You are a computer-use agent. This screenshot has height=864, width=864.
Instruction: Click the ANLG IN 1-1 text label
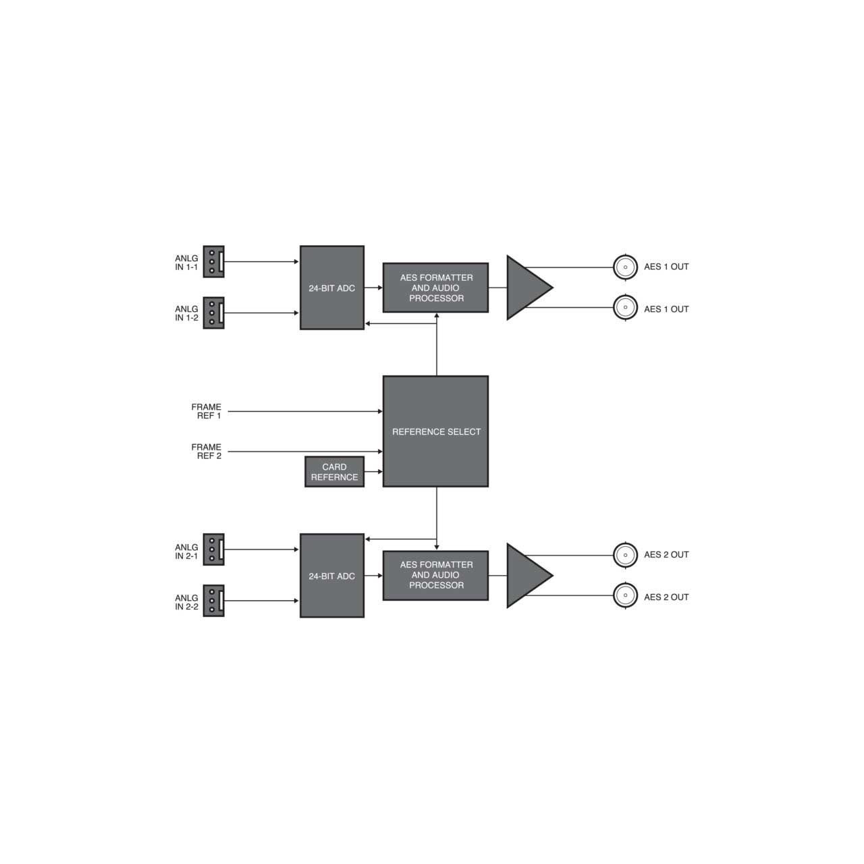(186, 263)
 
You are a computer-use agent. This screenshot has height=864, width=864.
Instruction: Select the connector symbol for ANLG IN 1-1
(213, 261)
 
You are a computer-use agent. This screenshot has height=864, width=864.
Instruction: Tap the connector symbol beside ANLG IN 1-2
(213, 313)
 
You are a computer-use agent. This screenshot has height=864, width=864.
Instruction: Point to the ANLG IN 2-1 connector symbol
(213, 549)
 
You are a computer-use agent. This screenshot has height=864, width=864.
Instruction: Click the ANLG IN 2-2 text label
(186, 602)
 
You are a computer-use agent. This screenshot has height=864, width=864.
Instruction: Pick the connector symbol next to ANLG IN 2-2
(213, 601)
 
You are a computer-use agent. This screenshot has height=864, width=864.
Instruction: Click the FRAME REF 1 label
(207, 411)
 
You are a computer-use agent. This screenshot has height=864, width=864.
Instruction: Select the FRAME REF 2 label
(207, 452)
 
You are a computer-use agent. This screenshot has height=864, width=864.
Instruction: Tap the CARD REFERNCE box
(335, 472)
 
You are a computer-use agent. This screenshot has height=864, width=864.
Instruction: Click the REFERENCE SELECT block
(436, 431)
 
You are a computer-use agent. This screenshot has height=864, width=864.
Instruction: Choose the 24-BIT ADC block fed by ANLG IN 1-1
(332, 288)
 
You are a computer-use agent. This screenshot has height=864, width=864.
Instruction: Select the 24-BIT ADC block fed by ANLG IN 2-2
(332, 576)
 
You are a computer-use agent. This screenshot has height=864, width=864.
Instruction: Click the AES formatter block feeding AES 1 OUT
(436, 288)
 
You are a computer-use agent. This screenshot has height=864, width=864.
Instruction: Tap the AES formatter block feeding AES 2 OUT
(436, 575)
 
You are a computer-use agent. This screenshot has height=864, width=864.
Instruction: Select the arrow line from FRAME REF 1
(305, 411)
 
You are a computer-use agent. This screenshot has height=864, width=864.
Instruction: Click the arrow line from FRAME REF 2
(305, 452)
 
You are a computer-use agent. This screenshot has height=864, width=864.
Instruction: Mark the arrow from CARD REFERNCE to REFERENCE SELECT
(373, 472)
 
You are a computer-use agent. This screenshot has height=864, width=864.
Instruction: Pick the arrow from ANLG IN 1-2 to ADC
(261, 313)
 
